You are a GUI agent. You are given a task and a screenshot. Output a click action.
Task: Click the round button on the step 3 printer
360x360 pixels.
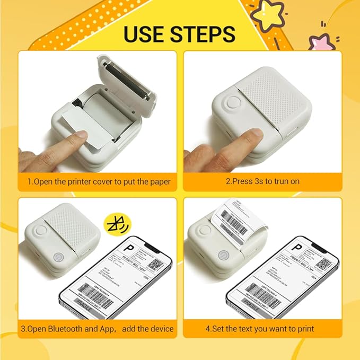pyautogui.click(x=40, y=231)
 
